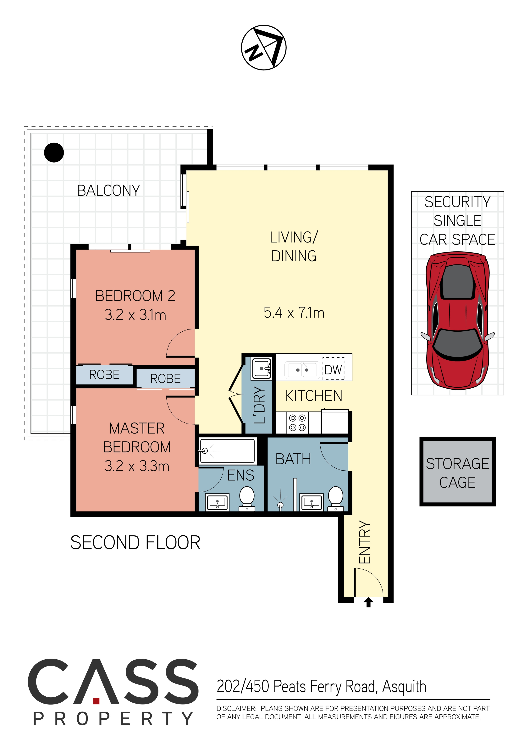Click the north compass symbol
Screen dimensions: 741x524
coord(264,47)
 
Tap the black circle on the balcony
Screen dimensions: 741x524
coord(54,152)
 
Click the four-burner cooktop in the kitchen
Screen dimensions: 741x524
coord(297,423)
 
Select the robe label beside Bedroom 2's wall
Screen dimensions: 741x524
coord(104,375)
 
